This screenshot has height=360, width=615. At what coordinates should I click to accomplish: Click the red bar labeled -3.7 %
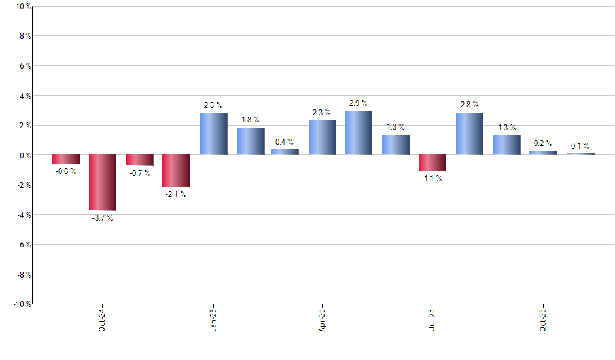click(x=103, y=183)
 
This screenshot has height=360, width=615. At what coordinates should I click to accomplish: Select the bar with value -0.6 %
click(x=66, y=159)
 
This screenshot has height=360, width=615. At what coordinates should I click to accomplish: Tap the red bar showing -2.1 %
click(x=176, y=171)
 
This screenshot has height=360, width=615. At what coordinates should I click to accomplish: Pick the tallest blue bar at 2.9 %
click(x=359, y=133)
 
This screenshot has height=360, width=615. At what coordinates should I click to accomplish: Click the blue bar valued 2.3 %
click(x=322, y=137)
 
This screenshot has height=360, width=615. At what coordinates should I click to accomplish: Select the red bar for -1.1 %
click(x=432, y=163)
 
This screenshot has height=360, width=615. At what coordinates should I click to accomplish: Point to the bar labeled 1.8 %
click(x=251, y=141)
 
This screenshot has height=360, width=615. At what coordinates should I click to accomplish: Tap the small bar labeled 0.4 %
click(x=285, y=152)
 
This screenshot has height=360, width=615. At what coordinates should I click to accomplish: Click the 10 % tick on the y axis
click(x=23, y=7)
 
